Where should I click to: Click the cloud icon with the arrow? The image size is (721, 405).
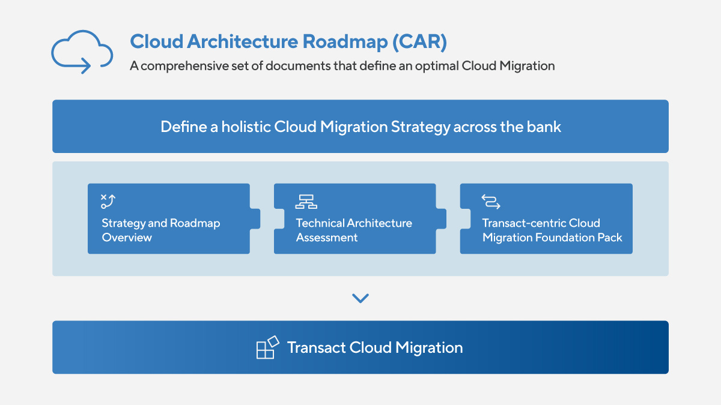pos(82,52)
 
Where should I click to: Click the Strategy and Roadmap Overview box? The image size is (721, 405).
pos(169,219)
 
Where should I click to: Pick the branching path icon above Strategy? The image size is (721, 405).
pos(108,202)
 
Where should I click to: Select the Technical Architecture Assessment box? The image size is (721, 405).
pos(354,219)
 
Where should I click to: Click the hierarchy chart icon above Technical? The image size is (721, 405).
pos(306,202)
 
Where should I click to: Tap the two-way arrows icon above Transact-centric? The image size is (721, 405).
pos(491,202)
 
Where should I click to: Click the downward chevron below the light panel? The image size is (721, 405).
pos(360,298)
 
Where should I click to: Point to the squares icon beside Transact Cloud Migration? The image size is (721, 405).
pos(267,347)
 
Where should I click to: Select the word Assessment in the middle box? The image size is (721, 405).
pos(326,238)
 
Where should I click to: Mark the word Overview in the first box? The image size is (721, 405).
pos(127,238)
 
